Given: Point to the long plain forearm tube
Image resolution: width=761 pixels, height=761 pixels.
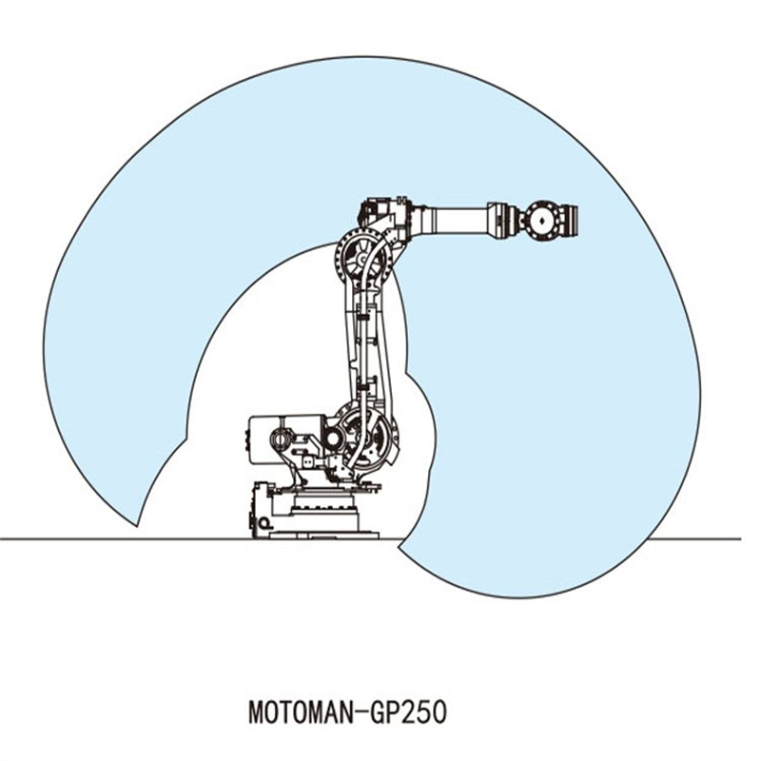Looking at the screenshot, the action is click(x=453, y=218).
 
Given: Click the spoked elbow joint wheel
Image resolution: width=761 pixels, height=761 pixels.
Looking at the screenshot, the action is click(x=361, y=257).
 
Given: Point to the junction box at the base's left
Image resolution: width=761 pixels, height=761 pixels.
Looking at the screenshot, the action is click(x=262, y=509).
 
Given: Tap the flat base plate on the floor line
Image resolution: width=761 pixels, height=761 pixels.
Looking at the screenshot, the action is click(x=323, y=535).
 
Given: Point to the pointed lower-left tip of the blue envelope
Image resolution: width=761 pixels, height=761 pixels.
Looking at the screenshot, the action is click(x=138, y=526).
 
